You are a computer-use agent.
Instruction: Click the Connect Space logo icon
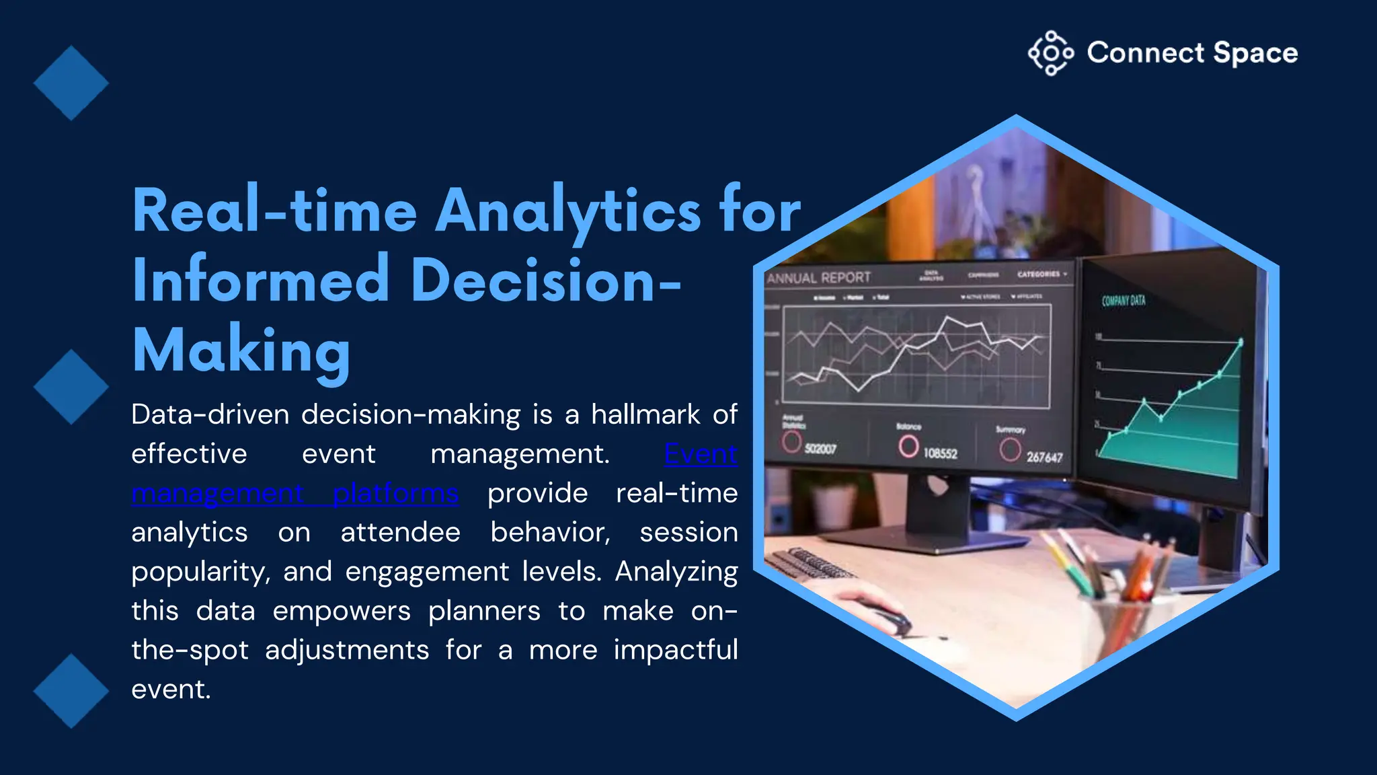tap(1050, 52)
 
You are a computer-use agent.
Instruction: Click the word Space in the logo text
tap(1255, 53)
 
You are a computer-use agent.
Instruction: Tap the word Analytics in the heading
tap(568, 211)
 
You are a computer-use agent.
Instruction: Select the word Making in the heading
tap(241, 350)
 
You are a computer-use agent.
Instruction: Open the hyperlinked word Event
tap(701, 454)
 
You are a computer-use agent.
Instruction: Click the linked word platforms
tap(395, 494)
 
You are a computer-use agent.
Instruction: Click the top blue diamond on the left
tap(71, 83)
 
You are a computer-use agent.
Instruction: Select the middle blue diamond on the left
tap(71, 387)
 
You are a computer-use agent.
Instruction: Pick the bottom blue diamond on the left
tap(71, 691)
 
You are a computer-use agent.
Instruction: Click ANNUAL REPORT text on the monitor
tap(818, 278)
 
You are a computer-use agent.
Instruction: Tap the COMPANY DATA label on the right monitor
tap(1123, 301)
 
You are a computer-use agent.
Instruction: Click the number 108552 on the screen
tap(939, 453)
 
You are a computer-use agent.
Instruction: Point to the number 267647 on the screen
tap(1044, 457)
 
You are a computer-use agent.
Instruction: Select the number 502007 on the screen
tap(820, 449)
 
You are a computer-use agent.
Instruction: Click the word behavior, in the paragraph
tap(550, 533)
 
